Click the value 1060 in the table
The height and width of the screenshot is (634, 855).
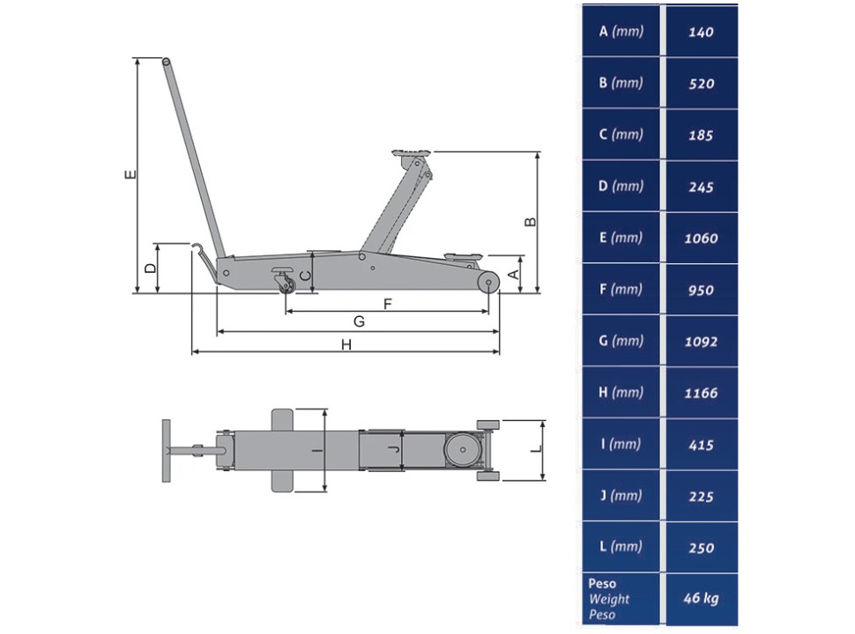[701, 238]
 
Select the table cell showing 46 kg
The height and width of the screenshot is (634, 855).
[702, 598]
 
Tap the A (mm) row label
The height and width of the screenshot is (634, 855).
[621, 31]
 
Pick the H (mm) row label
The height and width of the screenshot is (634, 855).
[621, 392]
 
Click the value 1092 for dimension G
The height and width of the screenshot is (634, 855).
[701, 342]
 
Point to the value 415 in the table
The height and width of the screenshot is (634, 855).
[701, 445]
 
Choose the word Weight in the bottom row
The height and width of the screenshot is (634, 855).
[609, 599]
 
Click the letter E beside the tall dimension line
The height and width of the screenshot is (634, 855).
[130, 174]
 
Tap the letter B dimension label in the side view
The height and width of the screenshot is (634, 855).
[530, 222]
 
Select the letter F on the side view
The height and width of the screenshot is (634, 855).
[388, 304]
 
